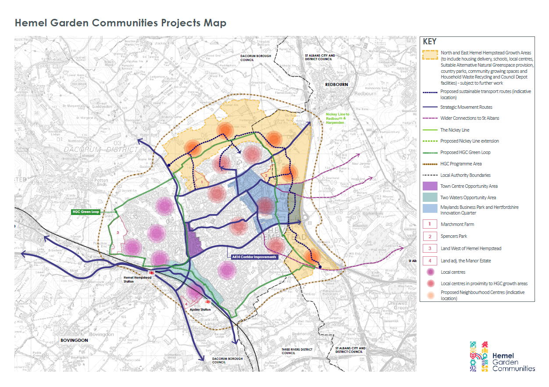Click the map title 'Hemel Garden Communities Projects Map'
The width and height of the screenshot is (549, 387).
coord(121,23)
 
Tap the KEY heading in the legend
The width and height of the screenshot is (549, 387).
coord(430,42)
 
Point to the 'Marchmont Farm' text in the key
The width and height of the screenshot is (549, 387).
coord(457,224)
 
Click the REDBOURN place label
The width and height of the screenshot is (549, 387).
coord(336,83)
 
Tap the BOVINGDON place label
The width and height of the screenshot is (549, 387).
coord(75,340)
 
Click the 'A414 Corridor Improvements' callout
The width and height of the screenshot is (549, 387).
coord(252,257)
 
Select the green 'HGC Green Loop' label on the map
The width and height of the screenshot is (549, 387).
coord(86,211)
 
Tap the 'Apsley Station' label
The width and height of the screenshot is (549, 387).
coord(200,309)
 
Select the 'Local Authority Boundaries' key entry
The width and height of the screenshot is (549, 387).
coord(465,175)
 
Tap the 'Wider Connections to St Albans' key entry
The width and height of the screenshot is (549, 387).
coord(469,118)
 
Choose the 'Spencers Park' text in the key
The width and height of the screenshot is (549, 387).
coord(454,236)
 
